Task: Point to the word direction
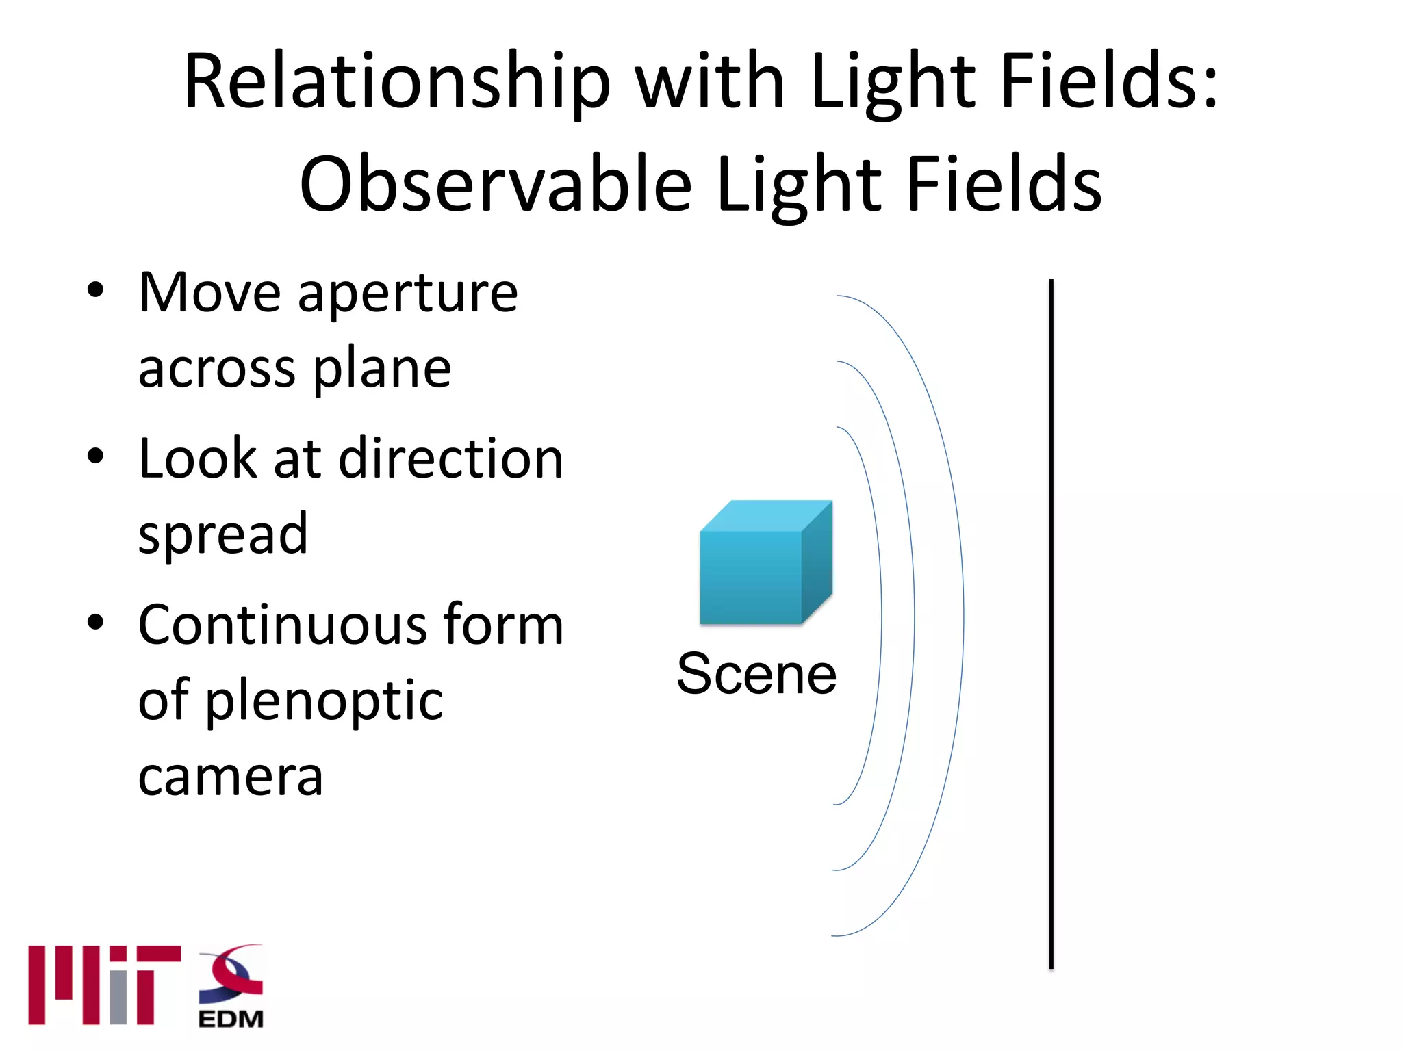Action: tap(451, 458)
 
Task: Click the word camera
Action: tap(230, 777)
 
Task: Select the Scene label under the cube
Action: tap(756, 675)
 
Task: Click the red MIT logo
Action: tap(103, 985)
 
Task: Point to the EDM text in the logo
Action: tap(231, 1020)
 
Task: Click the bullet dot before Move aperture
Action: tap(96, 290)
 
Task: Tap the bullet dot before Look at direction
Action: tap(96, 456)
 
